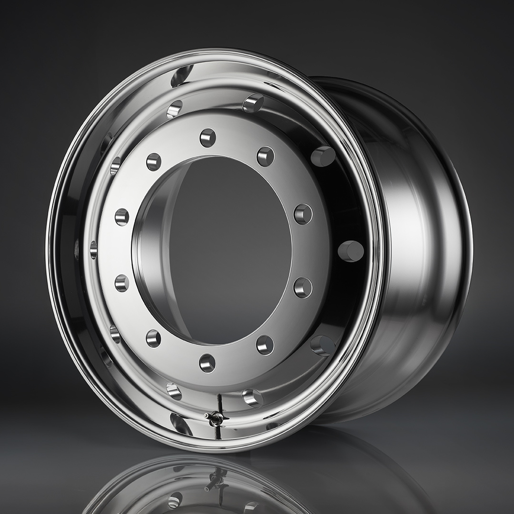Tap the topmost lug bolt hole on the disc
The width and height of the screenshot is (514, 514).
(208, 138)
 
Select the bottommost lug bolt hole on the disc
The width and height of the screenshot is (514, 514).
(208, 363)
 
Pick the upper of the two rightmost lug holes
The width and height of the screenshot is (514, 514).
(303, 214)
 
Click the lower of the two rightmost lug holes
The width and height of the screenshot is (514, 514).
(303, 287)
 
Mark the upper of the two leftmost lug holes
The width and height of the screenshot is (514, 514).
(122, 217)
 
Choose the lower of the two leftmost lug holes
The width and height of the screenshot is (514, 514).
(122, 283)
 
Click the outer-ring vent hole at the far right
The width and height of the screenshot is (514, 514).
(351, 251)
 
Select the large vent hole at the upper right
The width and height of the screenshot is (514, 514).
(323, 156)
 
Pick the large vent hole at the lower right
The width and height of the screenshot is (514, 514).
(323, 345)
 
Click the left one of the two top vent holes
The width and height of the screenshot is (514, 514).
(174, 109)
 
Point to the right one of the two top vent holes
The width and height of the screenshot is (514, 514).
(253, 103)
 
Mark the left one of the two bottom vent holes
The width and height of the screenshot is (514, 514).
(174, 391)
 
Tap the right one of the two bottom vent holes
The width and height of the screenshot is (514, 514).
(253, 397)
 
